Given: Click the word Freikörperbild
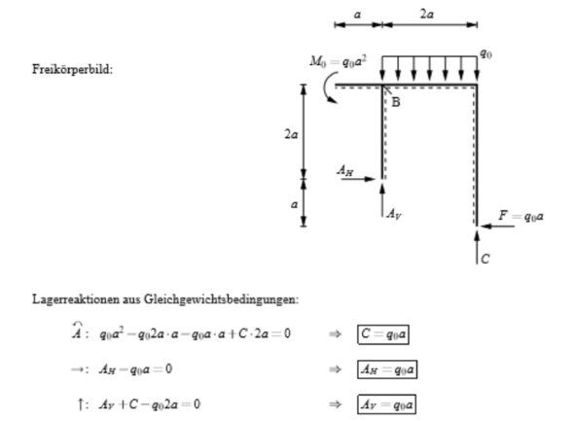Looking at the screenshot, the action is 73,69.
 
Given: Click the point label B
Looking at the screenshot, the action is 396,102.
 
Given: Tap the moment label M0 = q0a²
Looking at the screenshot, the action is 338,61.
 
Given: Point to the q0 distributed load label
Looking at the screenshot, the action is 485,54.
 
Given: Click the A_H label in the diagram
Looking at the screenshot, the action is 345,170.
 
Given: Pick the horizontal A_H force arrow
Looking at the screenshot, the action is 358,179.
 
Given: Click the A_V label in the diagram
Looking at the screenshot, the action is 394,213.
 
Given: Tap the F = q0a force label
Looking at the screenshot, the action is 520,216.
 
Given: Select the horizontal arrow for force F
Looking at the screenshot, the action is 497,227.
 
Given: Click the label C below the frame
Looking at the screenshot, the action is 485,259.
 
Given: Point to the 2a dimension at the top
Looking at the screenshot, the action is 427,15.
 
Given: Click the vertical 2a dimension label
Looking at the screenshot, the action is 292,134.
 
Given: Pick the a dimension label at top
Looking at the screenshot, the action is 358,15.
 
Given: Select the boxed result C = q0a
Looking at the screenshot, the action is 383,334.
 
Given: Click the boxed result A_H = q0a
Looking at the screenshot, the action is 387,369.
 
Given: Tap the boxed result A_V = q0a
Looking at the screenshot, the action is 387,404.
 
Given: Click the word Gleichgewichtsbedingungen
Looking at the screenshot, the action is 221,299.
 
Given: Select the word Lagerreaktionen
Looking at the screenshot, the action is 76,299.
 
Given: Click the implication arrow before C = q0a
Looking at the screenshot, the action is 336,333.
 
